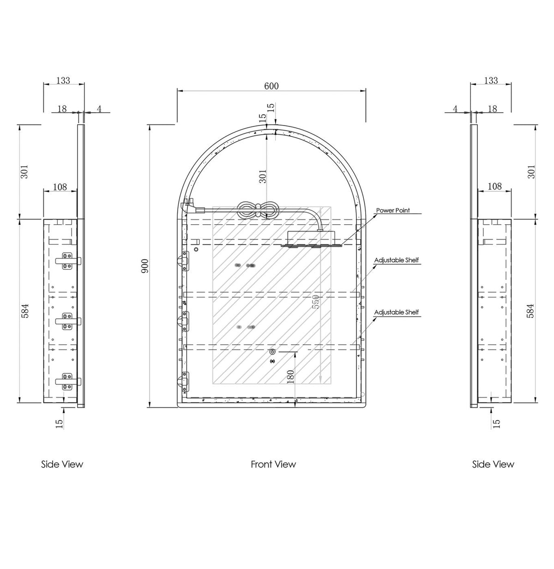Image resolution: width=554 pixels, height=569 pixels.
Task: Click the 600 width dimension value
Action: click(271, 86)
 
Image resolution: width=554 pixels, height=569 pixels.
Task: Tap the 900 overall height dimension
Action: click(145, 266)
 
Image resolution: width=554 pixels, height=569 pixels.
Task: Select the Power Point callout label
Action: click(392, 210)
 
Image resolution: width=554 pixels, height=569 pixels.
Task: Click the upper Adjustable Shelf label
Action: click(397, 260)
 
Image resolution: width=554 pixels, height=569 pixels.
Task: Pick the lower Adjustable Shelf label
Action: click(397, 312)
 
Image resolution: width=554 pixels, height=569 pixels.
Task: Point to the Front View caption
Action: click(273, 464)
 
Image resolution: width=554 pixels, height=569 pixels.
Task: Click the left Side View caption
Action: click(62, 464)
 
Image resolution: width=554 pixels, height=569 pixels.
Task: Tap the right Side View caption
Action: click(493, 464)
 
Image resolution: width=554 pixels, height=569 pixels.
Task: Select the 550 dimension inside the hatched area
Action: click(316, 302)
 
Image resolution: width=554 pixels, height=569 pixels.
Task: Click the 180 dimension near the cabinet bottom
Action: click(290, 377)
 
